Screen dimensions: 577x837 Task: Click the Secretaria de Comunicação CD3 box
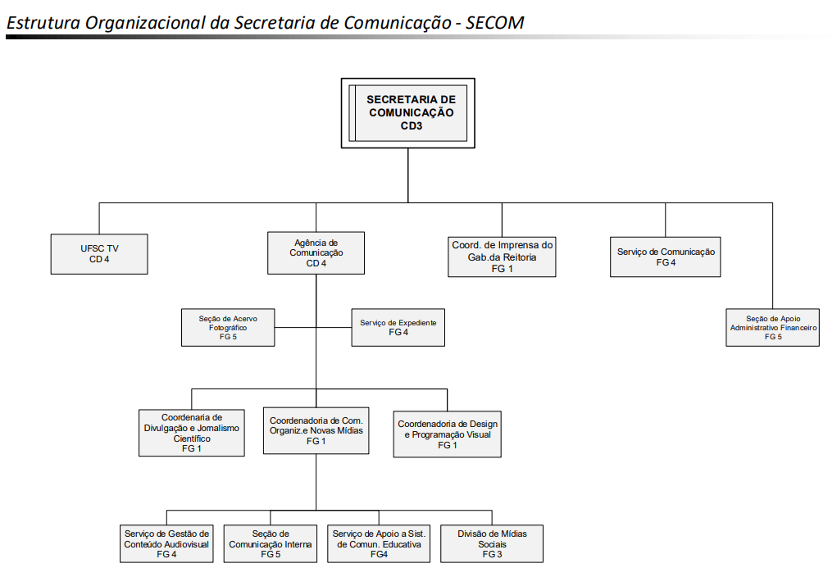[408, 112]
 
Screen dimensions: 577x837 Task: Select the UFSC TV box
[99, 253]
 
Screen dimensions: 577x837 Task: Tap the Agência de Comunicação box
[316, 253]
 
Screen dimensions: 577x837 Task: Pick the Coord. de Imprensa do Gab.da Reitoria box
[502, 256]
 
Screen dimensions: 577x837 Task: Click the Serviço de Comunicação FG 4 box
[666, 257]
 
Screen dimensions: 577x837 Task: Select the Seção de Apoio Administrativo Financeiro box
[772, 326]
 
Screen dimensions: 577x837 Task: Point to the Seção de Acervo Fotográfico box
[228, 327]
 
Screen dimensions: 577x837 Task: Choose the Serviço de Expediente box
[398, 327]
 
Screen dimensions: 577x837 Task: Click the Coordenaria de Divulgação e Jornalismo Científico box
[192, 432]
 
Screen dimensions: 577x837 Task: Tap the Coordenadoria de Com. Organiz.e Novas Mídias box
[316, 430]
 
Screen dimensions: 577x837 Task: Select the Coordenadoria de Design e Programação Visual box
[448, 434]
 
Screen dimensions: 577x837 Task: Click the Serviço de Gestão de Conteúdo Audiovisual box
[166, 543]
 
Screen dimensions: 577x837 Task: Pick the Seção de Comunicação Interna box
[271, 543]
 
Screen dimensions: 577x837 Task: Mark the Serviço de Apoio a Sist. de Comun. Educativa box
[379, 543]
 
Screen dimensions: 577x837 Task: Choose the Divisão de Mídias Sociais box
[492, 543]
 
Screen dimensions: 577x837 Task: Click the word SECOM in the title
[495, 22]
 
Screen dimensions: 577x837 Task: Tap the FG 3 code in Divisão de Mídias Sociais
[492, 555]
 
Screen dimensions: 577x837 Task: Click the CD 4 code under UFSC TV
[99, 260]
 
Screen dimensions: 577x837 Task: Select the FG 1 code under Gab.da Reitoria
[502, 269]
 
